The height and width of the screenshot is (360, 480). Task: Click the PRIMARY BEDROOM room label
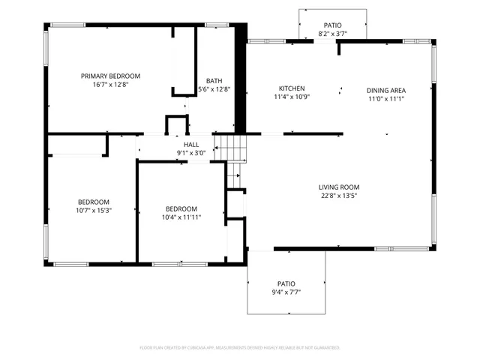point(110,76)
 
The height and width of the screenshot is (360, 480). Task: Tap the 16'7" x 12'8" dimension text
point(110,85)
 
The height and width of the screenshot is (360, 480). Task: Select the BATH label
point(214,81)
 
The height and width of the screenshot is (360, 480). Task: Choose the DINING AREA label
point(385,90)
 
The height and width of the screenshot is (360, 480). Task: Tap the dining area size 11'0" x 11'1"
point(385,99)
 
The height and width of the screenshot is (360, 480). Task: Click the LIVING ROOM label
point(339,187)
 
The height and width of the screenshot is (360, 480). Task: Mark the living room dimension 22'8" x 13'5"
point(339,196)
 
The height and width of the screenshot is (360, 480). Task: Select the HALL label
point(191,144)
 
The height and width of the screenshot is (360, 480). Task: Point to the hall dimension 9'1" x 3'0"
point(191,153)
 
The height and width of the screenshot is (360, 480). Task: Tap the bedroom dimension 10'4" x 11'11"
point(181,217)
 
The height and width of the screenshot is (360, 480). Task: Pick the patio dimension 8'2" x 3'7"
point(333,34)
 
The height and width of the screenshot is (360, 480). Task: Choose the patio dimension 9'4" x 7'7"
point(286,292)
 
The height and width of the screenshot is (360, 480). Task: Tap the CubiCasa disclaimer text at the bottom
point(240,348)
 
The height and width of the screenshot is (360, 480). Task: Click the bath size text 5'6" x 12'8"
point(214,90)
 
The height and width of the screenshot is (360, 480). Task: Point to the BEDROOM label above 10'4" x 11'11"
point(181,208)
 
